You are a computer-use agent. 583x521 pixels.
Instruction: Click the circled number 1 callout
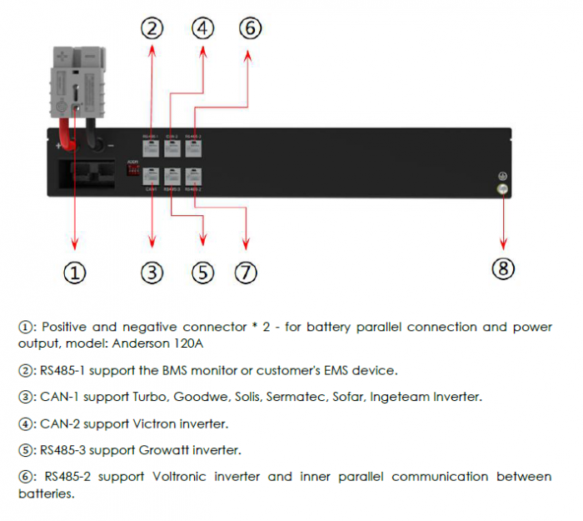point(75,273)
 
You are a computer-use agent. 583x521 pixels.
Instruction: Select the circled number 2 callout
point(151,28)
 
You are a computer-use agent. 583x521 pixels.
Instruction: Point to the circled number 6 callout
point(249,28)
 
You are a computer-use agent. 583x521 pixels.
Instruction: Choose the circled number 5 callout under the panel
point(202,273)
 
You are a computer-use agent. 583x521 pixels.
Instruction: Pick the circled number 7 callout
point(245,273)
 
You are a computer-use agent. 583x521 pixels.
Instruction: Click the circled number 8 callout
point(503,268)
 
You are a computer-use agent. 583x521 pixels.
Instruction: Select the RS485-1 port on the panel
point(152,148)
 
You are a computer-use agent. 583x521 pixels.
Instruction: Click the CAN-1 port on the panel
point(152,177)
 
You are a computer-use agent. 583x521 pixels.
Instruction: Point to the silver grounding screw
point(503,189)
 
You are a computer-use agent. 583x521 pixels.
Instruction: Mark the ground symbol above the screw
point(502,176)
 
